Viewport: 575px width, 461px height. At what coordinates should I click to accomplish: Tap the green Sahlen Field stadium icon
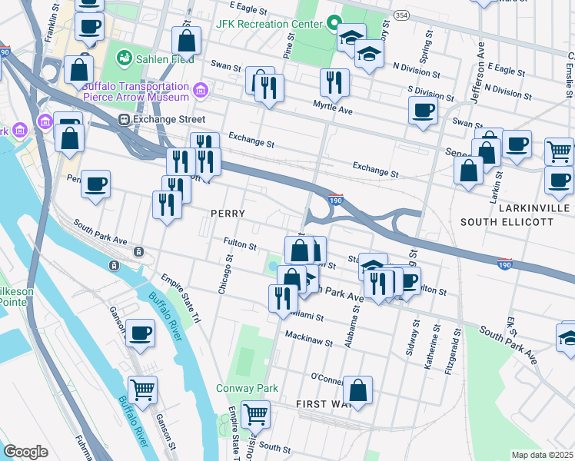[x=123, y=58]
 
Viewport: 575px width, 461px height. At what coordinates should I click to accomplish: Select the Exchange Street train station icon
[x=123, y=120]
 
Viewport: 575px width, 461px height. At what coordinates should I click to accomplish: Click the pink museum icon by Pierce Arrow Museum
[x=200, y=91]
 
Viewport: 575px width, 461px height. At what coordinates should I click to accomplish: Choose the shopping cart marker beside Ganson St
[x=143, y=390]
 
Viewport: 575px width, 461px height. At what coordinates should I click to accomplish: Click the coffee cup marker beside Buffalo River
[x=140, y=332]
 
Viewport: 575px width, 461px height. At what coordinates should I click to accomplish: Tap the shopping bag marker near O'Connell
[x=357, y=389]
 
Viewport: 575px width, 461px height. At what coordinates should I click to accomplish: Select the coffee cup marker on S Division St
[x=423, y=110]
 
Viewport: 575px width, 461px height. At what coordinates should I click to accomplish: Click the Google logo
[x=25, y=452]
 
